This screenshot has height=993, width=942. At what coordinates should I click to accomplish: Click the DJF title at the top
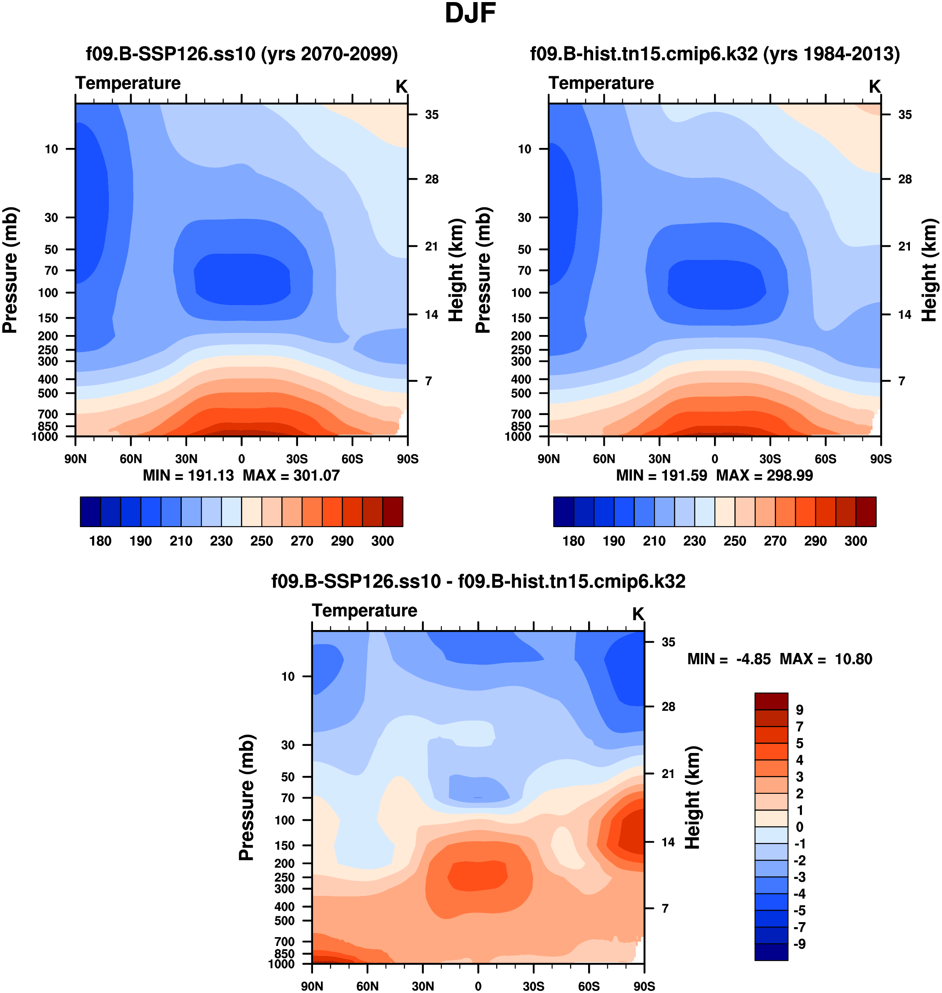click(470, 14)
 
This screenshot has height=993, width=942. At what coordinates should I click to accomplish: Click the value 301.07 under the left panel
click(316, 475)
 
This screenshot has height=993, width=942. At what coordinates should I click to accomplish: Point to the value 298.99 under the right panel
click(789, 475)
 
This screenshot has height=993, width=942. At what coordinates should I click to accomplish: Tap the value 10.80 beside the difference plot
click(853, 659)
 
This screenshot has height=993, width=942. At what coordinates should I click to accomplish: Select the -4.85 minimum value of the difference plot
click(753, 659)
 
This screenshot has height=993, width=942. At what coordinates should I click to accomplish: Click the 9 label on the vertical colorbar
click(799, 710)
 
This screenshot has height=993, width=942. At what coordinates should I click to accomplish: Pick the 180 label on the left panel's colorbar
click(100, 541)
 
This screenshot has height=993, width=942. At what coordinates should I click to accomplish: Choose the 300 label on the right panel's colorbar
click(856, 541)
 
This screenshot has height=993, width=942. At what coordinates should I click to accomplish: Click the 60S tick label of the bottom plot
click(589, 986)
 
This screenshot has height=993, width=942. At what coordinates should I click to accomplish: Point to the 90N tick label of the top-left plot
click(75, 459)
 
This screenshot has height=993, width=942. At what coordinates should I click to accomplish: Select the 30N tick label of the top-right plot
click(659, 459)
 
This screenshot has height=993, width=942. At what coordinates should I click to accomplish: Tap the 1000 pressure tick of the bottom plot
click(282, 964)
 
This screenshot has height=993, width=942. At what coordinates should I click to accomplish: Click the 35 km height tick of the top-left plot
click(431, 115)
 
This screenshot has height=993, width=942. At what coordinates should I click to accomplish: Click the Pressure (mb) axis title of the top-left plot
click(10, 270)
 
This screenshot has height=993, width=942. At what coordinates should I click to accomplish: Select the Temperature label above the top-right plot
click(601, 83)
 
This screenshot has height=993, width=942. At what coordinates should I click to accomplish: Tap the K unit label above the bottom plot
click(638, 614)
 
